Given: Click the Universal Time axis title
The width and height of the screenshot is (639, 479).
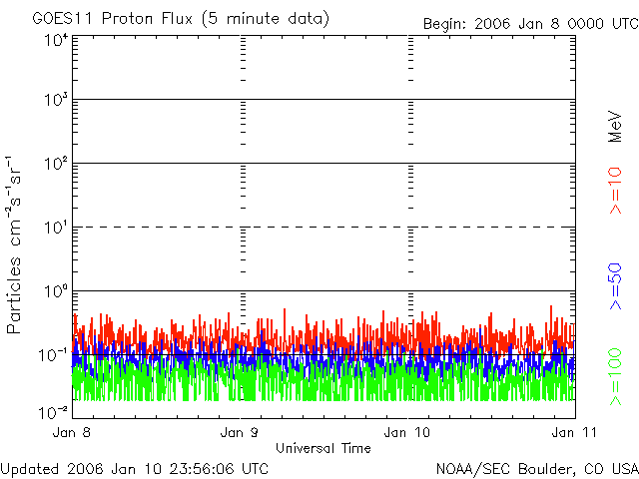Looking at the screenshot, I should coord(322,448).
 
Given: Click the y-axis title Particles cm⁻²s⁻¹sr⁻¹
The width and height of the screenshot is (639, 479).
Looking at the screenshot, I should coord(17,244).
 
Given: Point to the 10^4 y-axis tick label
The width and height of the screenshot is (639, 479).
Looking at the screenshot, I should coord(54,40).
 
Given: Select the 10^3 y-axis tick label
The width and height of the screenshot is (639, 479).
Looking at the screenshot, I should coord(54,101).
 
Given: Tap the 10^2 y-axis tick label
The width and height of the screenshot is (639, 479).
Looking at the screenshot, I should coord(54,165).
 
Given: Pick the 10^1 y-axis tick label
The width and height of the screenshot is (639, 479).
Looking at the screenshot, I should coord(54,229).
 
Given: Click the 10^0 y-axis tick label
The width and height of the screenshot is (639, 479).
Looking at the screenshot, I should coord(54,292).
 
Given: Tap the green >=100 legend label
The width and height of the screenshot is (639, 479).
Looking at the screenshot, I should coord(616,377).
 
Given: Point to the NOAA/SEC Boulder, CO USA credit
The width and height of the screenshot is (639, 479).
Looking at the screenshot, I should coord(536,468).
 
